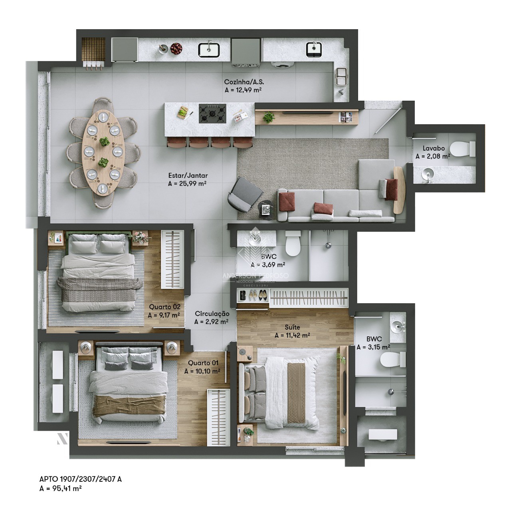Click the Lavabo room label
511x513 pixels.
tap(434, 148)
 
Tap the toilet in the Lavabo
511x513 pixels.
tap(463, 149)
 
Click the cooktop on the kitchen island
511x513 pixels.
tap(212, 113)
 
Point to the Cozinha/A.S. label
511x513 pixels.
tap(244, 82)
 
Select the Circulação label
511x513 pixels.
tap(212, 314)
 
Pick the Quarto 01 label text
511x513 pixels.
tap(203, 363)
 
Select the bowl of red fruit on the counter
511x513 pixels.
tap(176, 49)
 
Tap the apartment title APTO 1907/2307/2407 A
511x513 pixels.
tap(80, 479)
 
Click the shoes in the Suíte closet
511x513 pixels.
tap(257, 296)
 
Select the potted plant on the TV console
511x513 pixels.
tap(269, 117)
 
